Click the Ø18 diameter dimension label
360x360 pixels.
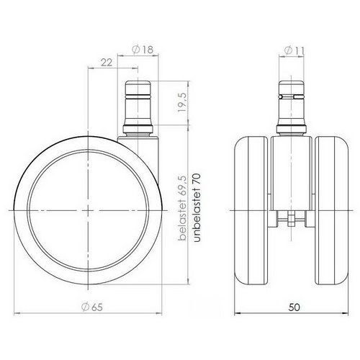[143, 50]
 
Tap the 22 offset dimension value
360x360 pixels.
[107, 63]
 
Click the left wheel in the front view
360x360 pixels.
[253, 210]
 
